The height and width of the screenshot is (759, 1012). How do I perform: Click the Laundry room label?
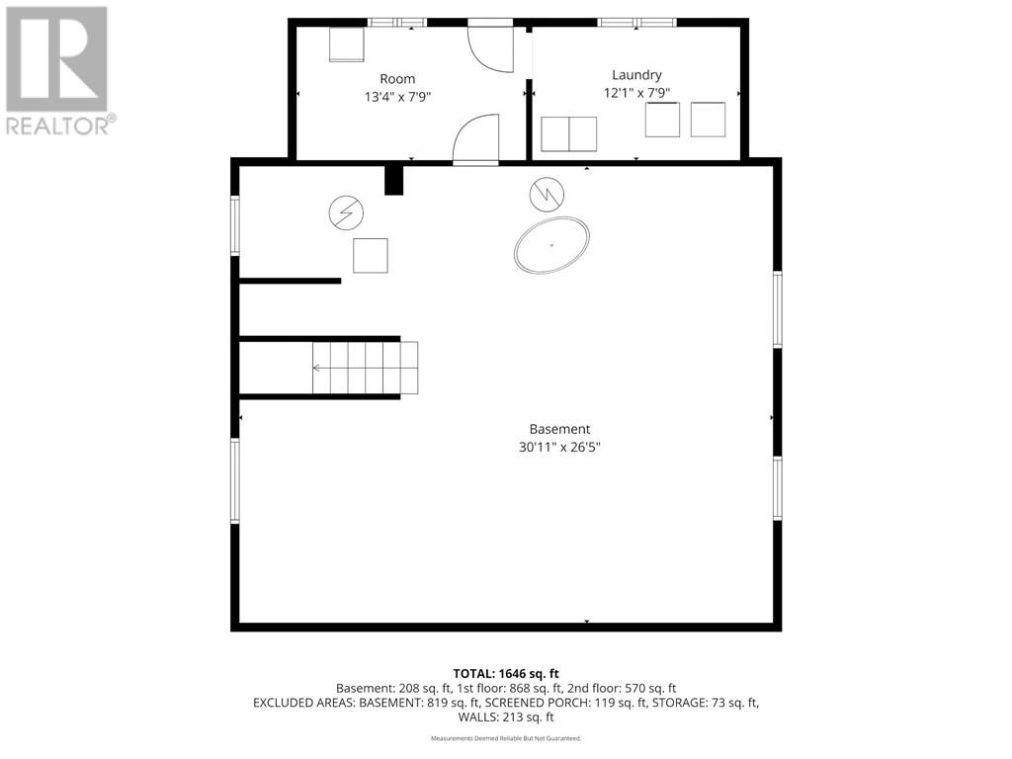pos(636,75)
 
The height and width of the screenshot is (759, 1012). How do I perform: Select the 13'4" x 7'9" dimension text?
pos(397,97)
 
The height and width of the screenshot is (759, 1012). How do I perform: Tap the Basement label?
pos(559,429)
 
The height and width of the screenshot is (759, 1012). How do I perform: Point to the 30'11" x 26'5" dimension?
pos(559,447)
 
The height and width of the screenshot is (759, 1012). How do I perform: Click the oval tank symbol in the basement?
pos(551,245)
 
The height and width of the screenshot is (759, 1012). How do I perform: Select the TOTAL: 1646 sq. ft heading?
pos(506,674)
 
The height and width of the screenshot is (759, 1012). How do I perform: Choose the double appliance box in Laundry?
pos(568,134)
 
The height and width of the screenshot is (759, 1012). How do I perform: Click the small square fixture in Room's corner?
pos(347,44)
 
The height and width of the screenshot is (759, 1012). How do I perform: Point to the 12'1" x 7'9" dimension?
pos(636,93)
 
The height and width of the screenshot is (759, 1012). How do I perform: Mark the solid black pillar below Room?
pos(393,180)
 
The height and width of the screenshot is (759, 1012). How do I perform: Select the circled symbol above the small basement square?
pos(346,213)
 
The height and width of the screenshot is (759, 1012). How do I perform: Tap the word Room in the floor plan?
pos(397,79)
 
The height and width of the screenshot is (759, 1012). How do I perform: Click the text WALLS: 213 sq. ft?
pos(506,717)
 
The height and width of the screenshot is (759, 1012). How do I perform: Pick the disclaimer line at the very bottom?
pos(506,738)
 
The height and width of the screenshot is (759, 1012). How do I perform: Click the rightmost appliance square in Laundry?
pos(708,120)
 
